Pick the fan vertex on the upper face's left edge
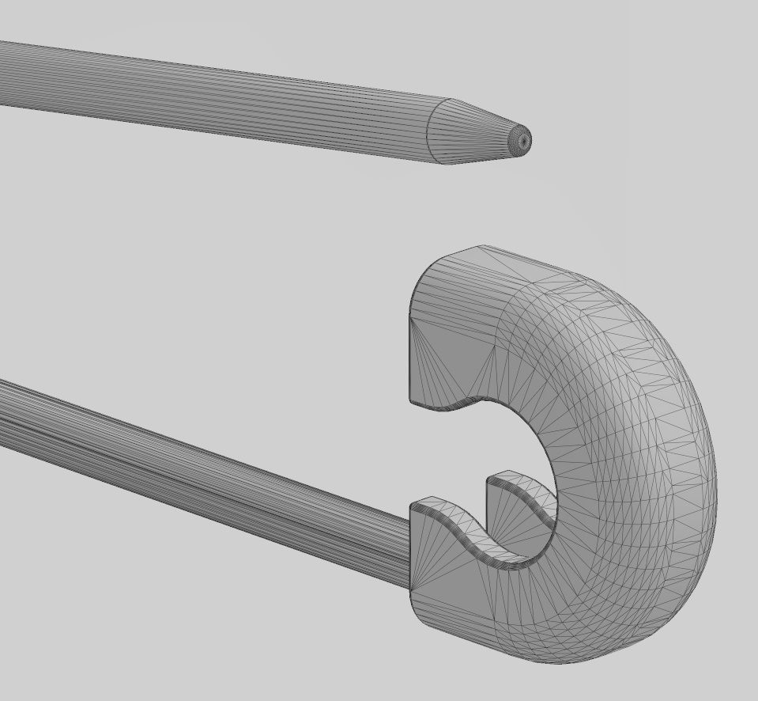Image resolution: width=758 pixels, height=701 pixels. tap(410, 316)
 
